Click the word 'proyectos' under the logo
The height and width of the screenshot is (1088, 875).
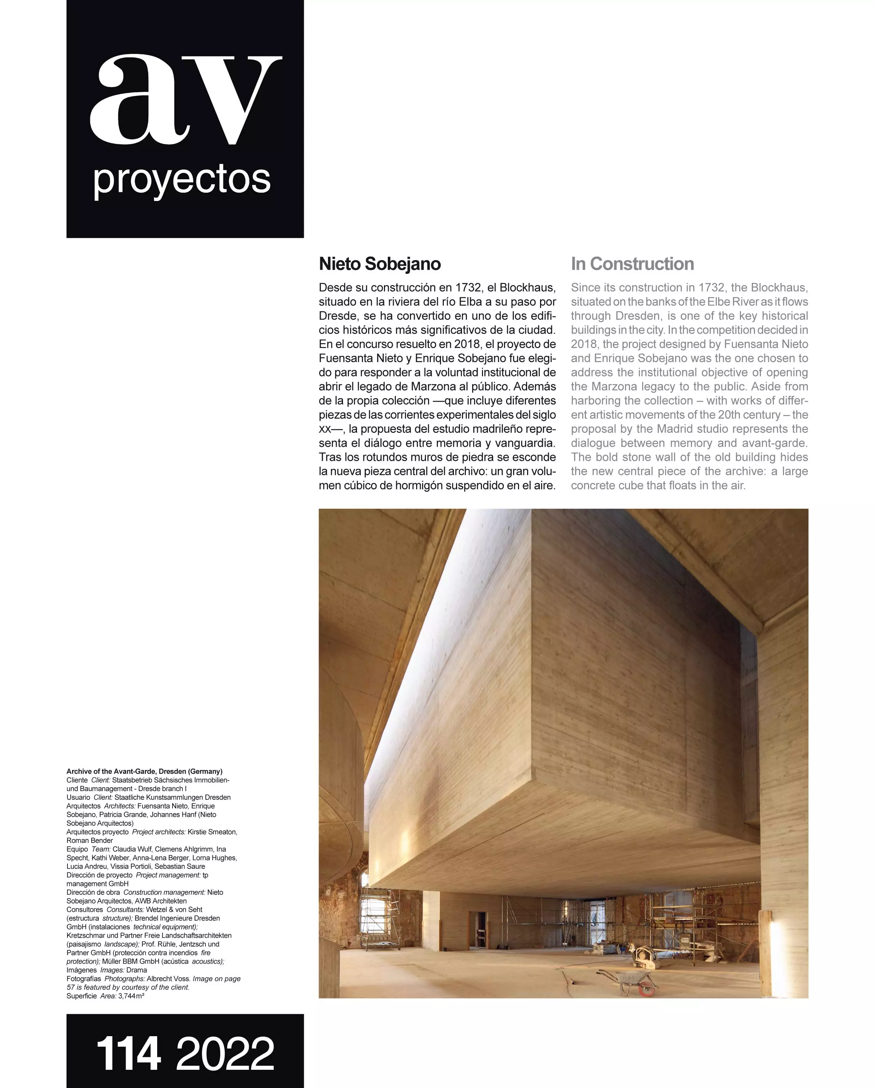pyautogui.click(x=182, y=180)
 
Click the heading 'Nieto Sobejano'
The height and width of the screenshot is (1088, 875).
pyautogui.click(x=380, y=264)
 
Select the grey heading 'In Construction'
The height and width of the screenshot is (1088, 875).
pyautogui.click(x=632, y=264)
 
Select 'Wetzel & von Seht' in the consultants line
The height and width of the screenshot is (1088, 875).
pyautogui.click(x=174, y=909)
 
